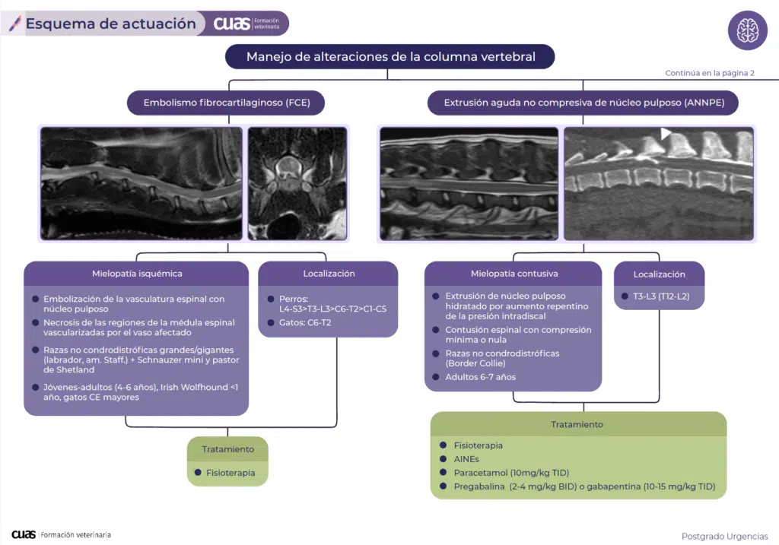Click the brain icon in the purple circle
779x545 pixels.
point(747,30)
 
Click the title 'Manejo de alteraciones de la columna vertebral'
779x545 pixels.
point(390,57)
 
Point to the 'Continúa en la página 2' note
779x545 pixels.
point(709,74)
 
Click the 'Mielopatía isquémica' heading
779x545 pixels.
point(137,274)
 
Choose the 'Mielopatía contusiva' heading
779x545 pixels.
point(514,274)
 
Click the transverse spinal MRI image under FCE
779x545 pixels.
point(297,182)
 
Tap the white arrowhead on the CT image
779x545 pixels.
point(666,134)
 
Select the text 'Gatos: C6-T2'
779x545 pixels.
point(304,323)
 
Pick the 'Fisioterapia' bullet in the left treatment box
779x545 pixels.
point(230,473)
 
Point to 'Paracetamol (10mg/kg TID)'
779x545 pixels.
point(511,473)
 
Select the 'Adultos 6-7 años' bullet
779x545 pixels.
point(480,377)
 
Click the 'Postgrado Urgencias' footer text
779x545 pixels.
point(725,537)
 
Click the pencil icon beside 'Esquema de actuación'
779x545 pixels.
point(14,24)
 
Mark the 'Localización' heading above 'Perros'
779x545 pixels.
point(329,274)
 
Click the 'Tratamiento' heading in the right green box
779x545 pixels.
point(577,424)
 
